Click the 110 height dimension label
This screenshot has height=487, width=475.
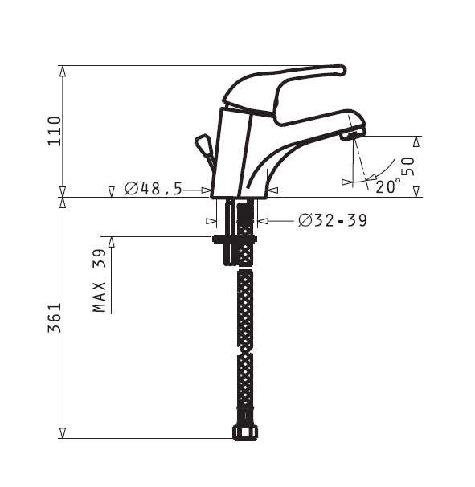click(x=55, y=131)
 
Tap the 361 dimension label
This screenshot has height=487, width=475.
click(x=55, y=317)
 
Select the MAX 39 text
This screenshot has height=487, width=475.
click(x=100, y=280)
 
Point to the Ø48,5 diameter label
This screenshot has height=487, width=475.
click(x=154, y=189)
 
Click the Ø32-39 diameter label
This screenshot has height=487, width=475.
click(x=333, y=220)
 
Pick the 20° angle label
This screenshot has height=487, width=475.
click(x=388, y=186)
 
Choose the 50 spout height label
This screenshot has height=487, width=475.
click(x=408, y=166)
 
